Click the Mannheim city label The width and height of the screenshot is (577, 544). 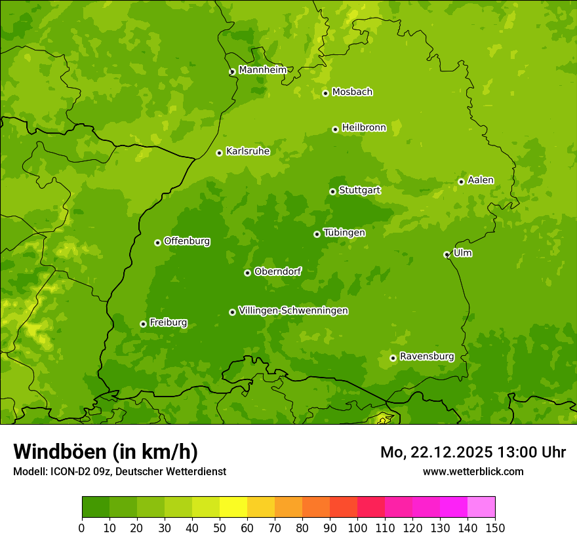pyautogui.click(x=262, y=70)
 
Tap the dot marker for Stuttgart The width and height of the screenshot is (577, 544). pyautogui.click(x=332, y=191)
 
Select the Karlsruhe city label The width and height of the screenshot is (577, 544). pyautogui.click(x=248, y=151)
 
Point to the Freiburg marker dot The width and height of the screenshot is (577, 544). pyautogui.click(x=143, y=324)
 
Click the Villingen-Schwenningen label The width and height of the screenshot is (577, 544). pyautogui.click(x=293, y=311)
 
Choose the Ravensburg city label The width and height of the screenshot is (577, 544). pyautogui.click(x=427, y=357)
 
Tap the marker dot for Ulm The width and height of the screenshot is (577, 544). pyautogui.click(x=447, y=254)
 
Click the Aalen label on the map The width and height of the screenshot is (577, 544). pyautogui.click(x=481, y=180)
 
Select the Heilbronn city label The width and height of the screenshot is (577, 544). pyautogui.click(x=364, y=128)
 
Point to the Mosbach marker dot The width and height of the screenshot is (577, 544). pyautogui.click(x=325, y=93)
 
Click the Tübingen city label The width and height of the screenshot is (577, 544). pyautogui.click(x=344, y=233)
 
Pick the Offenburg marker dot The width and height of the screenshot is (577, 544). pyautogui.click(x=157, y=243)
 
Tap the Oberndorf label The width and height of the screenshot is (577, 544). pyautogui.click(x=278, y=271)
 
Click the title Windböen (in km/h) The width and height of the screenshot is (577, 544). pyautogui.click(x=106, y=452)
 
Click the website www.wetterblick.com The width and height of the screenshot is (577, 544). pyautogui.click(x=473, y=471)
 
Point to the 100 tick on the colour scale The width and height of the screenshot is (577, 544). pyautogui.click(x=357, y=528)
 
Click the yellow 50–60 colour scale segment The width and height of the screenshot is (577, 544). pyautogui.click(x=233, y=507)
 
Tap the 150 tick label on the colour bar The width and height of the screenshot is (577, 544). pyautogui.click(x=495, y=528)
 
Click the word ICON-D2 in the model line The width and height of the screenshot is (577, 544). pyautogui.click(x=68, y=472)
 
